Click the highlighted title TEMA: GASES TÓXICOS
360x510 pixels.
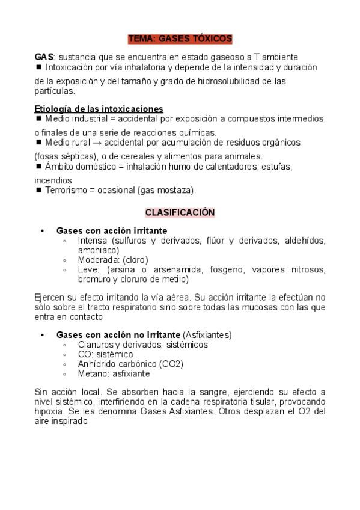[180, 38]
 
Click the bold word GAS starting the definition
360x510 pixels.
[44, 56]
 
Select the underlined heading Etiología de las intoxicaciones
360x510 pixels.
[99, 109]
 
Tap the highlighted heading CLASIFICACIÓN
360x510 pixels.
[180, 213]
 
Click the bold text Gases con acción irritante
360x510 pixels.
[112, 230]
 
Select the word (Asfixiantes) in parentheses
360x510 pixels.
[207, 334]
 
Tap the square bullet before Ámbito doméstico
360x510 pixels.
[39, 166]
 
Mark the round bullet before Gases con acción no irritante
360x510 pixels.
[42, 334]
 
